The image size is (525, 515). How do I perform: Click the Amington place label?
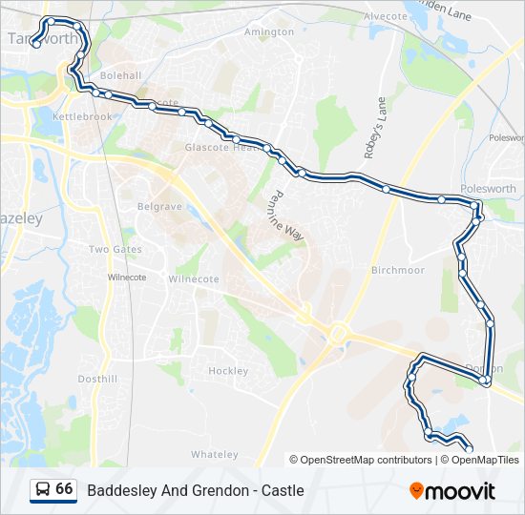[269, 31]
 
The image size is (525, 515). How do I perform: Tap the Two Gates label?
[115, 250]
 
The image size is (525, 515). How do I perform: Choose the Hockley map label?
[228, 371]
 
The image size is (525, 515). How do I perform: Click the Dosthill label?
[97, 379]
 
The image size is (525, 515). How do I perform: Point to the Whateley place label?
[214, 454]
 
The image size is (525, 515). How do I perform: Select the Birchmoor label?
[398, 270]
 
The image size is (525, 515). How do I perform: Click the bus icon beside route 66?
[42, 489]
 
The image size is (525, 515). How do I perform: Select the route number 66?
[64, 489]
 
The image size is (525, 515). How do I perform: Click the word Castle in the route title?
[283, 490]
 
